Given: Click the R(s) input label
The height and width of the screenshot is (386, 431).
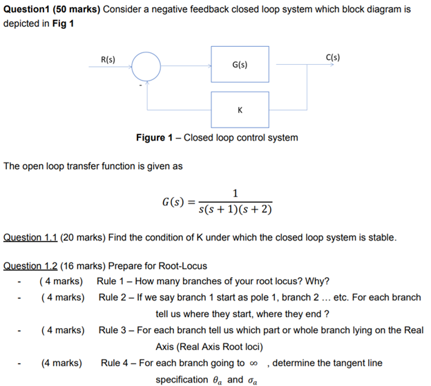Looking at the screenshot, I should (x=108, y=59).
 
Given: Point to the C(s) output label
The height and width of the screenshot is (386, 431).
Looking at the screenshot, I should (x=333, y=57).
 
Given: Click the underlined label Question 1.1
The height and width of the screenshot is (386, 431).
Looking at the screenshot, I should (x=30, y=238).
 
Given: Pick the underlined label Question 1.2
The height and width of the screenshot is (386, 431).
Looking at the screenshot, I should (x=30, y=265).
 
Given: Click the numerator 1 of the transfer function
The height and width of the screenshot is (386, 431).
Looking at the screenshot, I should (x=236, y=192).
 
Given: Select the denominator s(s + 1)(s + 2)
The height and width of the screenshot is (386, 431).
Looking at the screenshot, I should (x=238, y=210).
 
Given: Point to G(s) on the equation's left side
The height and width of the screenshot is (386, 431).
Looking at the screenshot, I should (x=173, y=202).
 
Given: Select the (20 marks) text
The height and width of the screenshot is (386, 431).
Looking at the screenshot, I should (x=83, y=238).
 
